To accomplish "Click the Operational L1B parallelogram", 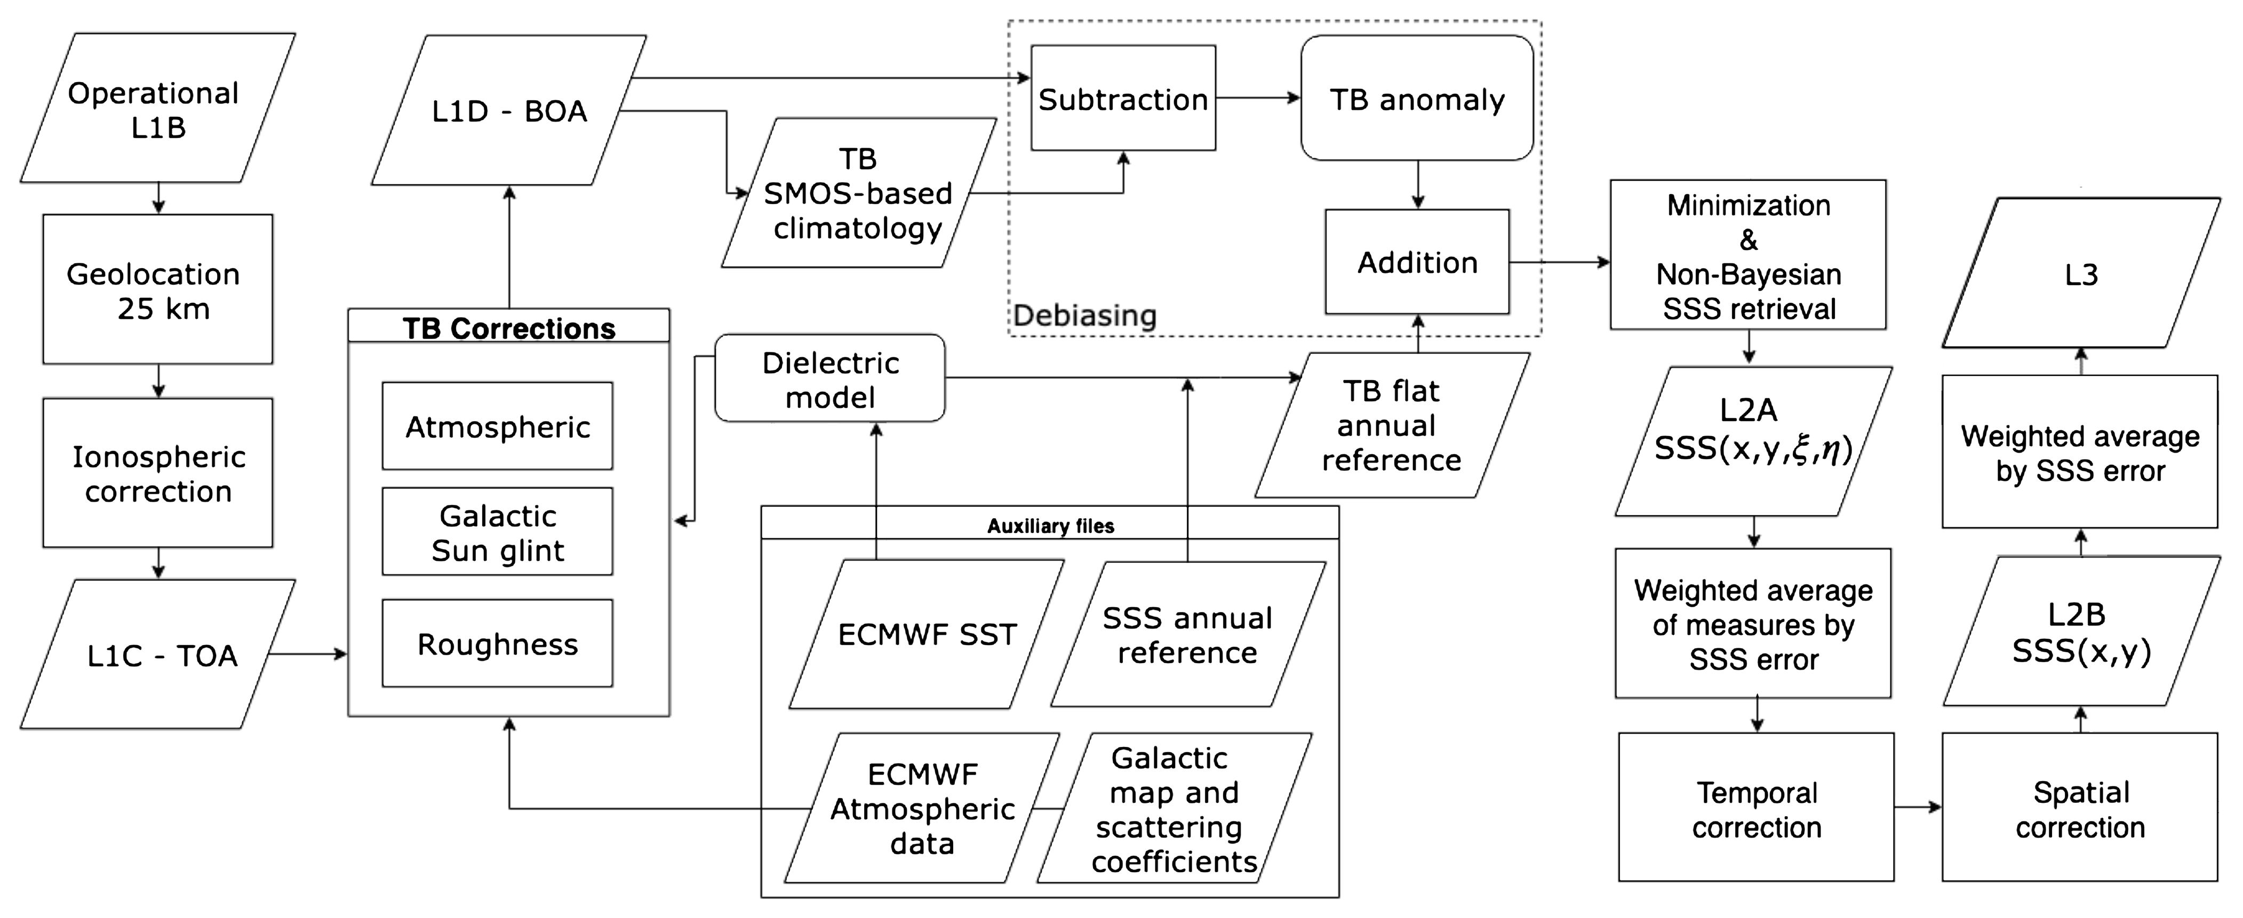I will [x=157, y=109].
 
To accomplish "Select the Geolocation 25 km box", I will [x=157, y=290].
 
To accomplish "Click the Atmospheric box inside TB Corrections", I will [x=497, y=426].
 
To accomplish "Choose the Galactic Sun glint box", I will [x=497, y=532].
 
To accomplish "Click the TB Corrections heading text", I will [x=508, y=328].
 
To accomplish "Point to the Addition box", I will [x=1417, y=262].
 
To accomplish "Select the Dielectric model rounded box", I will [x=830, y=379].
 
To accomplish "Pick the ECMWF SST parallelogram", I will [x=927, y=634].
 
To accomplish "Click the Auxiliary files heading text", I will [x=1050, y=526].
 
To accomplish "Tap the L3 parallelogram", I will [x=2081, y=274].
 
